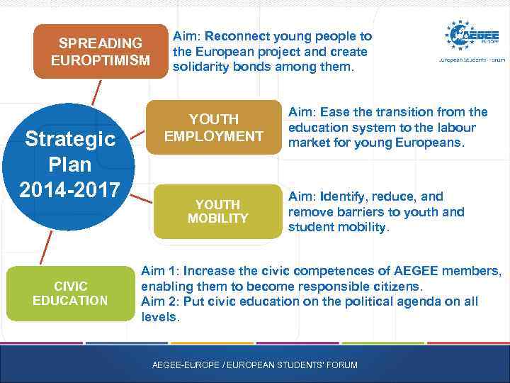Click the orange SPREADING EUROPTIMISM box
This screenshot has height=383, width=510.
click(x=101, y=52)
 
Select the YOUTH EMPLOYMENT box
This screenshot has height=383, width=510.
click(x=213, y=127)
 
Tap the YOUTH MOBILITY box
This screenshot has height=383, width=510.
click(x=217, y=211)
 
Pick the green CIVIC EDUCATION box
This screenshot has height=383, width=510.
click(x=70, y=294)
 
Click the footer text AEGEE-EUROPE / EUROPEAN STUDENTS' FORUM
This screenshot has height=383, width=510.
click(x=255, y=365)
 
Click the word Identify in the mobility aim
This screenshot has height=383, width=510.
click(x=345, y=196)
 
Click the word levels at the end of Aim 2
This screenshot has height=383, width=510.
click(x=159, y=318)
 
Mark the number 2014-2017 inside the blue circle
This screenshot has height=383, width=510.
click(x=70, y=190)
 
